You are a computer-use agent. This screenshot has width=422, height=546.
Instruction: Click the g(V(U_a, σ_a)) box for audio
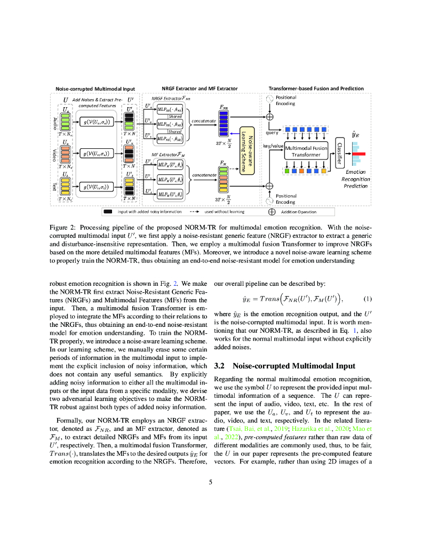[x=94, y=123]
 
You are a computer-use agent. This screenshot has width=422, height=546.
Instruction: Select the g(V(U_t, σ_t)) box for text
[x=94, y=187]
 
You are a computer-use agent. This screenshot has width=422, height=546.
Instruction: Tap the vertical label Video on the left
[x=54, y=155]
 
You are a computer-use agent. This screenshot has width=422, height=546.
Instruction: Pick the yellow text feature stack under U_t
[x=65, y=186]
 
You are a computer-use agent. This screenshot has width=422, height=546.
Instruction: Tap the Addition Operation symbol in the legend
[x=272, y=211]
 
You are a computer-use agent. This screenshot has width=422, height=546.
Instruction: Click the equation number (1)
[x=368, y=299]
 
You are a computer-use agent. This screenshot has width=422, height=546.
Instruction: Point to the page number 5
[x=211, y=483]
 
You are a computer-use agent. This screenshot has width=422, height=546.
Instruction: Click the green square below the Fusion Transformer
[x=287, y=171]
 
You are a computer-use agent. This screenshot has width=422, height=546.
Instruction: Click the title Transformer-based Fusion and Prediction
[x=316, y=88]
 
